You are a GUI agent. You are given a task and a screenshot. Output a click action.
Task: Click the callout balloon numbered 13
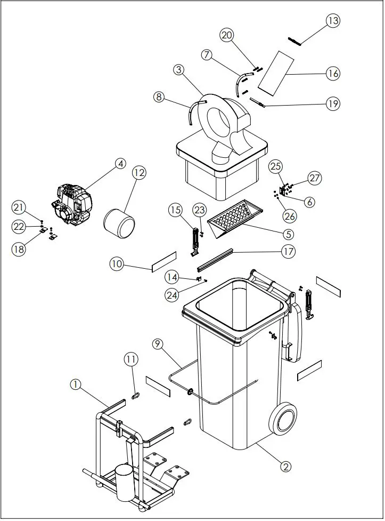(x=333, y=21)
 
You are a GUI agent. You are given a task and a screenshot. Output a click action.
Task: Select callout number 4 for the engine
(x=121, y=164)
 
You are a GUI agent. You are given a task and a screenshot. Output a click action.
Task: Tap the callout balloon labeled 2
(x=286, y=466)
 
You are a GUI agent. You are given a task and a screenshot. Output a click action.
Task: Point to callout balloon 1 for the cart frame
(x=76, y=383)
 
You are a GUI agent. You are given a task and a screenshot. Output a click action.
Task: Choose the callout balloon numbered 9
(x=157, y=344)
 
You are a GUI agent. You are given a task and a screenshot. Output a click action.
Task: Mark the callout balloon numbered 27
(x=315, y=178)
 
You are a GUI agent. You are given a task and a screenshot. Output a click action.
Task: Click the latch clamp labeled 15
(x=195, y=240)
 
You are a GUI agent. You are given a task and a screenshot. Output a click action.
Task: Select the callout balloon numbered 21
(x=19, y=207)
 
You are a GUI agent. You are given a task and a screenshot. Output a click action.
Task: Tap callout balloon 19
(x=333, y=103)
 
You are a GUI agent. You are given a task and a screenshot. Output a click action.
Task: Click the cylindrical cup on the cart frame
(x=125, y=481)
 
